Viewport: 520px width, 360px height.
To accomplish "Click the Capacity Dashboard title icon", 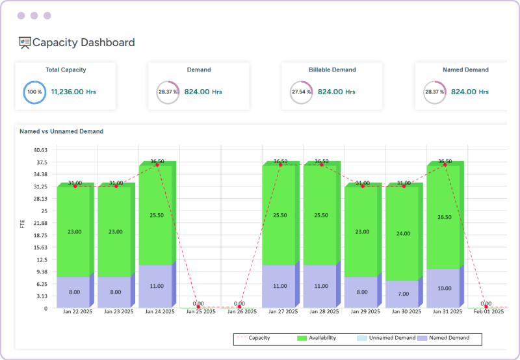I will (25, 43).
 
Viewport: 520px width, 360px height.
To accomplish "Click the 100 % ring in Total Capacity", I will (34, 92).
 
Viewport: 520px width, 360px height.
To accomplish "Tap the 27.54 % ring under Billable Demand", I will (300, 92).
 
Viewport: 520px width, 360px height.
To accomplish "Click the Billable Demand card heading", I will (331, 70).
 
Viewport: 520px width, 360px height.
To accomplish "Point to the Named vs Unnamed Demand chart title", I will (61, 131).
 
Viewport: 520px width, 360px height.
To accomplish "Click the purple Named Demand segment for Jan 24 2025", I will (157, 286).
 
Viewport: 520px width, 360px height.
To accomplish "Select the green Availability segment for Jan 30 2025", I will (403, 233).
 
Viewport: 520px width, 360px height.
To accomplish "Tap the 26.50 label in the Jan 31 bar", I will (445, 217).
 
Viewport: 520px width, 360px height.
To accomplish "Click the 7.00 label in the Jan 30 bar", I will (404, 294).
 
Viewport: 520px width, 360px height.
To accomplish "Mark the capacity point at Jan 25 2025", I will (198, 307).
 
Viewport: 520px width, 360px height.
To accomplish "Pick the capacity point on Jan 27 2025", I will (280, 165).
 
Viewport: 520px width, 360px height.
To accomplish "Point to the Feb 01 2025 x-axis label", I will (486, 312).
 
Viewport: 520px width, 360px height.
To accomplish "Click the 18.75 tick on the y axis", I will (40, 235).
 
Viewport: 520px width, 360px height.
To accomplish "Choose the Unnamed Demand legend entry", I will (387, 338).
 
